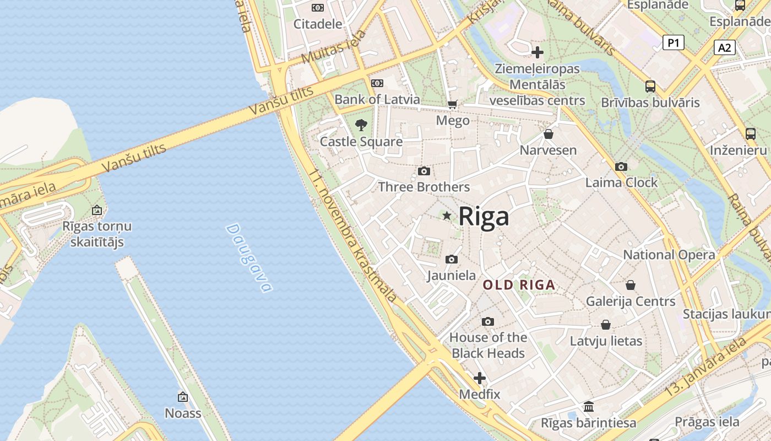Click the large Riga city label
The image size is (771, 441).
pos(484,216)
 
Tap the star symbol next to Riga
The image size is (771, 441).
pos(447,216)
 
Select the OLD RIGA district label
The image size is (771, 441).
pos(519,285)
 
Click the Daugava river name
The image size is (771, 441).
pos(249,257)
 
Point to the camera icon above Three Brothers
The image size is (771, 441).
pos(424,171)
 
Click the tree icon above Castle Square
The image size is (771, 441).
pos(361,125)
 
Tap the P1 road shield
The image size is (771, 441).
pos(673,42)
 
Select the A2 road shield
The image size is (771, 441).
pos(724,47)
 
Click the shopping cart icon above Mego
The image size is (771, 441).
pos(453,104)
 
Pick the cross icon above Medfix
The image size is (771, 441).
pos(480,378)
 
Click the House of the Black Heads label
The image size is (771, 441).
pos(488,345)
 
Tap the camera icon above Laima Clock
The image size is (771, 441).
pos(621,166)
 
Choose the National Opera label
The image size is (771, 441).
pos(669,255)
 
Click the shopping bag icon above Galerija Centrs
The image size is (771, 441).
pos(631,285)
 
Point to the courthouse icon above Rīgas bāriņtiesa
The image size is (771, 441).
pos(589,407)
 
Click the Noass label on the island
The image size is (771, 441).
pos(183,413)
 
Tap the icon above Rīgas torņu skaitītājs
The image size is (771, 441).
pos(97,210)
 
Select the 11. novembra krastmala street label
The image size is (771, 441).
pos(352,236)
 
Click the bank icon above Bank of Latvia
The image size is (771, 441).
pos(377,83)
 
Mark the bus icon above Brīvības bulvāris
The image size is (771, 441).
pos(650,87)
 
